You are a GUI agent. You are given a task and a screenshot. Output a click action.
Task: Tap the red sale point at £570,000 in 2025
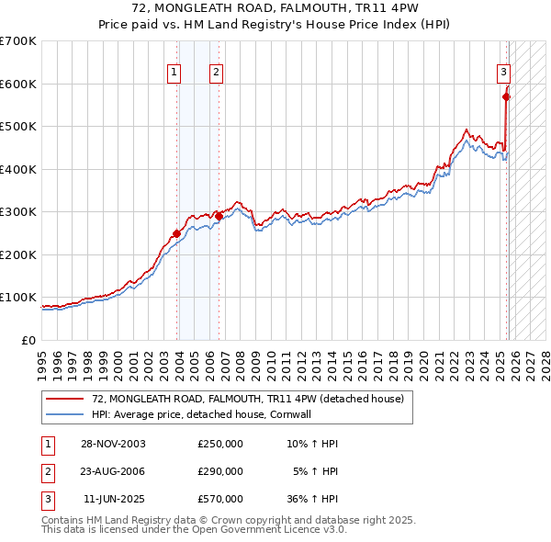(506, 96)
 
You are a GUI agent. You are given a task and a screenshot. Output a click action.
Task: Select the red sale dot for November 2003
(176, 233)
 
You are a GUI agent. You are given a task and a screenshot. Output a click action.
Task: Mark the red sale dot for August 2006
(219, 216)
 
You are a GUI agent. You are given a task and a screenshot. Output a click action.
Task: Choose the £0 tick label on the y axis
(29, 340)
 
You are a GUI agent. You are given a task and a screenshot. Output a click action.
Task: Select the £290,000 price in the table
(220, 471)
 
